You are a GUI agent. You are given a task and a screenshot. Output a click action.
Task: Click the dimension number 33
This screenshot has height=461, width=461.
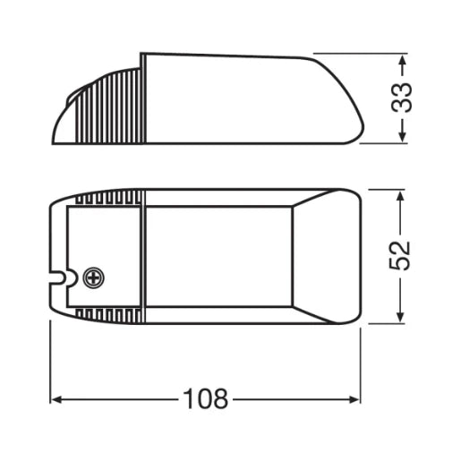[406, 96]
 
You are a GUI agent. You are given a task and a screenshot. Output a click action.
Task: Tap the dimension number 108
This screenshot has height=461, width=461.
[205, 396]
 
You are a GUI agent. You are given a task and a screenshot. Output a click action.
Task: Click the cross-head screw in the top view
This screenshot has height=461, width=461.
[90, 277]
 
